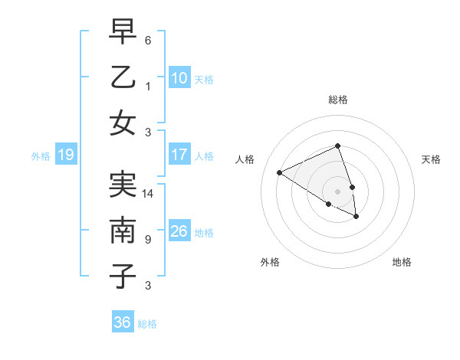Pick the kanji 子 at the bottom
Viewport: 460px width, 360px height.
pyautogui.click(x=123, y=276)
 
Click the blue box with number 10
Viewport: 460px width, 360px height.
pyautogui.click(x=179, y=77)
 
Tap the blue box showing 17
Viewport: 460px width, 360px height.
pyautogui.click(x=179, y=155)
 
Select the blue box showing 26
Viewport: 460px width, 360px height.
pyautogui.click(x=179, y=231)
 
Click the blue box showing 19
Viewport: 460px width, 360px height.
pyautogui.click(x=65, y=155)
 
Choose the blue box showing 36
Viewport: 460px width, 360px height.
pyautogui.click(x=123, y=322)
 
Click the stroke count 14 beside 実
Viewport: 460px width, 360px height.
pyautogui.click(x=149, y=194)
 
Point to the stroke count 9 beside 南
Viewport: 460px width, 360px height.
pyautogui.click(x=148, y=240)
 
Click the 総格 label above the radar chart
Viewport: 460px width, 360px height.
pyautogui.click(x=338, y=100)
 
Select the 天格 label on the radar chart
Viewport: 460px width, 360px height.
pyautogui.click(x=431, y=159)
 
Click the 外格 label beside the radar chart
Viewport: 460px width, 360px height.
pyautogui.click(x=270, y=262)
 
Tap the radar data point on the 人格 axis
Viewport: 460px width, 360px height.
pyautogui.click(x=280, y=172)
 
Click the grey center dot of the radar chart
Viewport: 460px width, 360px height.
pyautogui.click(x=338, y=191)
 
